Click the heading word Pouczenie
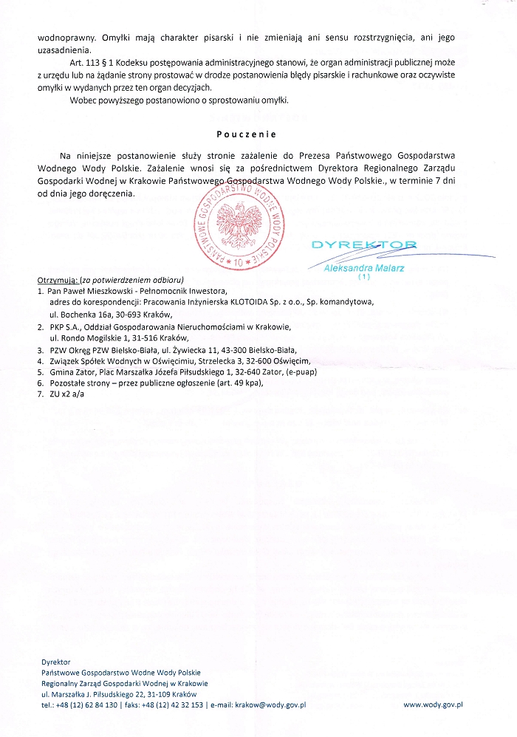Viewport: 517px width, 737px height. tap(246, 134)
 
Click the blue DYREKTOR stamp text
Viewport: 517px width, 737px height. tap(363, 244)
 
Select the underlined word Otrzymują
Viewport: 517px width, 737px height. tap(57, 281)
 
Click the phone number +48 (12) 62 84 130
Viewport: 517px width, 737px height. tap(90, 705)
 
